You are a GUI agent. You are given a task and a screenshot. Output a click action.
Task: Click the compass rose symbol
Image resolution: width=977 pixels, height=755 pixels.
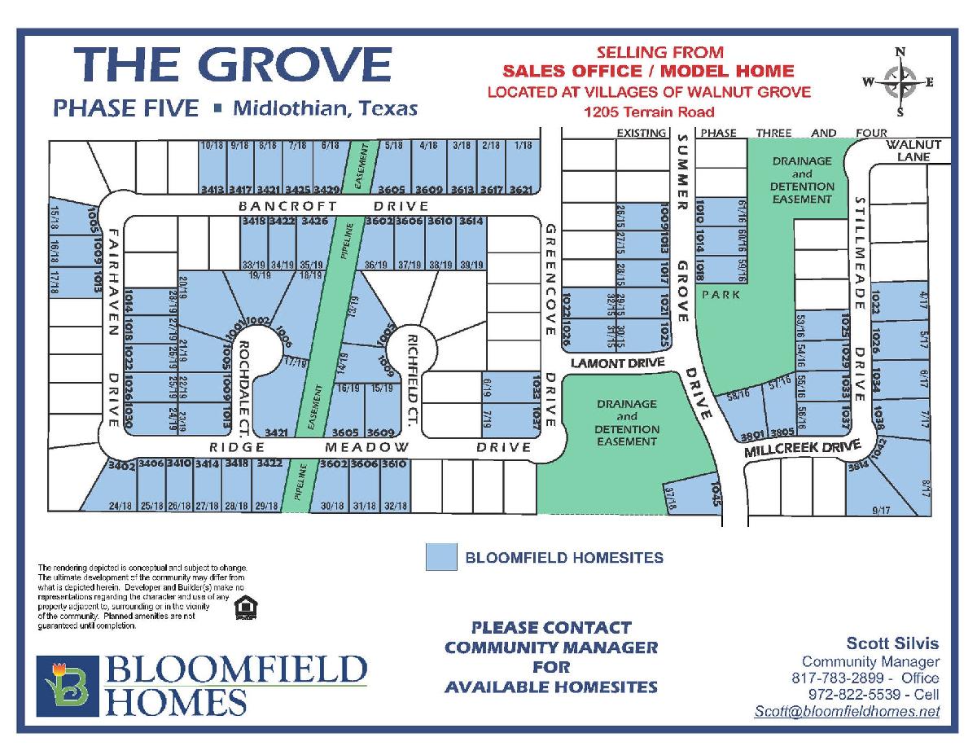[x=899, y=82]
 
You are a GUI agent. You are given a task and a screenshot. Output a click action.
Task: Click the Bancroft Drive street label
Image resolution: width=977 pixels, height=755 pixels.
[x=334, y=206]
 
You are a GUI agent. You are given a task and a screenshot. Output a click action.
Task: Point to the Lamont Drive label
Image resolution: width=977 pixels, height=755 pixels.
[x=617, y=362]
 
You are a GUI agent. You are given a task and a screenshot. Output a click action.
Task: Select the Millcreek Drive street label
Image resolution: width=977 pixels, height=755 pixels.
[x=803, y=449]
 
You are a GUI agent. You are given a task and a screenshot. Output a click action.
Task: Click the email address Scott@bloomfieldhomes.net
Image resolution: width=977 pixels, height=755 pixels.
[x=847, y=711]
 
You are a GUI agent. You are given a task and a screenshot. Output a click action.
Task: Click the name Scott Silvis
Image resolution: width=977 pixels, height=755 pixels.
[x=892, y=644]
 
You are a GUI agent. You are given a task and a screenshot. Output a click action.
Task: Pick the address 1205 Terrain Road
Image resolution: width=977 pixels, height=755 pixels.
[x=649, y=112]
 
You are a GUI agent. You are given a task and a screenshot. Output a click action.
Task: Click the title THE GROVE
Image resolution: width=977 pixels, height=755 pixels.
[x=233, y=65]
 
